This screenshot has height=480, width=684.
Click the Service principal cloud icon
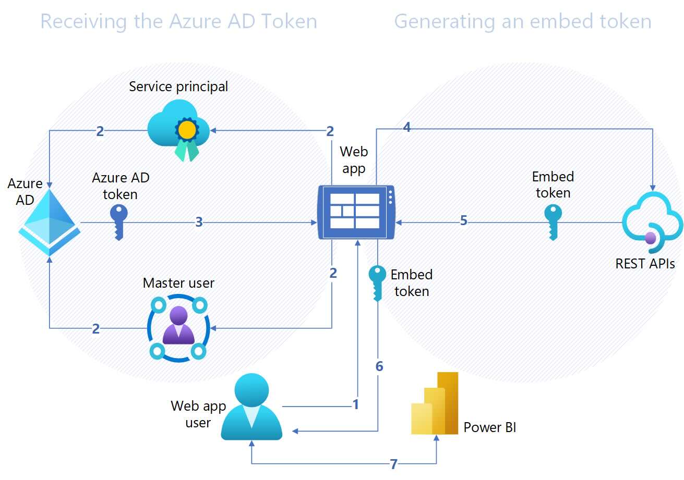point(179,130)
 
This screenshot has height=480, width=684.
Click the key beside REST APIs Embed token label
point(553,221)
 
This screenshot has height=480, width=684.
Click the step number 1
point(356,404)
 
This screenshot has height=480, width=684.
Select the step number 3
point(199,222)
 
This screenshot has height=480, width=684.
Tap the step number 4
point(407,126)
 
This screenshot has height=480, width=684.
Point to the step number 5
point(464,220)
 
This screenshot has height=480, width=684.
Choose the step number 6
point(379,366)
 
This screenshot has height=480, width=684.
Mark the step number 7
point(394,464)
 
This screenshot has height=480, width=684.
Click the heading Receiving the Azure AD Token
point(178,21)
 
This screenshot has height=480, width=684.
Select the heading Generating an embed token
point(522,21)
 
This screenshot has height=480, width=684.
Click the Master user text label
point(178,283)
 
